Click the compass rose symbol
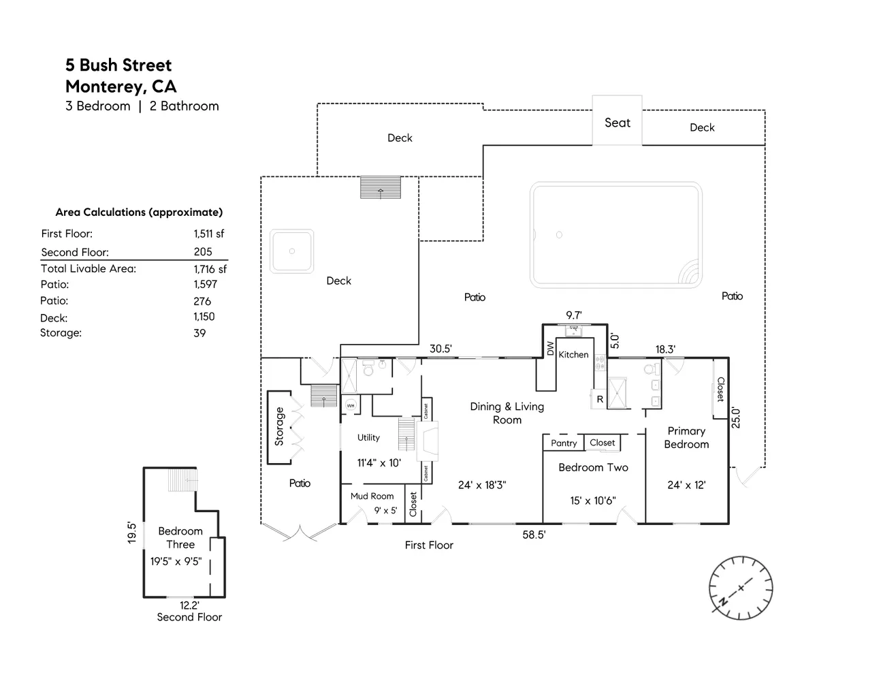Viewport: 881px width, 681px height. [x=740, y=588]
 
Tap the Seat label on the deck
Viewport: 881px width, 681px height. [x=618, y=123]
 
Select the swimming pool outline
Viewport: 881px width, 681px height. [x=616, y=235]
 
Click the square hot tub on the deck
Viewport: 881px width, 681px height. [x=292, y=251]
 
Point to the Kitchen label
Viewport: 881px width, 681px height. [x=573, y=355]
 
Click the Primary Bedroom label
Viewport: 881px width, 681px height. [x=686, y=437]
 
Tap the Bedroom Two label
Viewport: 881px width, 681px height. [x=593, y=467]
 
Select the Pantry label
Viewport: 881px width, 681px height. [x=564, y=443]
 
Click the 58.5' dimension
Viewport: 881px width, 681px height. [x=534, y=535]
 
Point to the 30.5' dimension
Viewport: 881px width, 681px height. [x=441, y=349]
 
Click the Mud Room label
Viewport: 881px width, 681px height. [x=372, y=496]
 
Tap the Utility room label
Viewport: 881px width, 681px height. [x=368, y=437]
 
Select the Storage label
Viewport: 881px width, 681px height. [x=279, y=427]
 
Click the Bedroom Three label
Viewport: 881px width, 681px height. [x=180, y=537]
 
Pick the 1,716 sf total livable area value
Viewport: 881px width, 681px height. [x=210, y=269]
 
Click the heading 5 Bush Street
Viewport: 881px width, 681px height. [x=118, y=65]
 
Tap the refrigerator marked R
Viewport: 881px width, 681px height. [x=600, y=399]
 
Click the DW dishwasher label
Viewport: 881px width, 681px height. [x=550, y=348]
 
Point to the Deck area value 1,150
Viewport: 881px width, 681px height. [x=204, y=317]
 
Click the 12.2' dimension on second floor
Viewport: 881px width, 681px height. [x=189, y=605]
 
